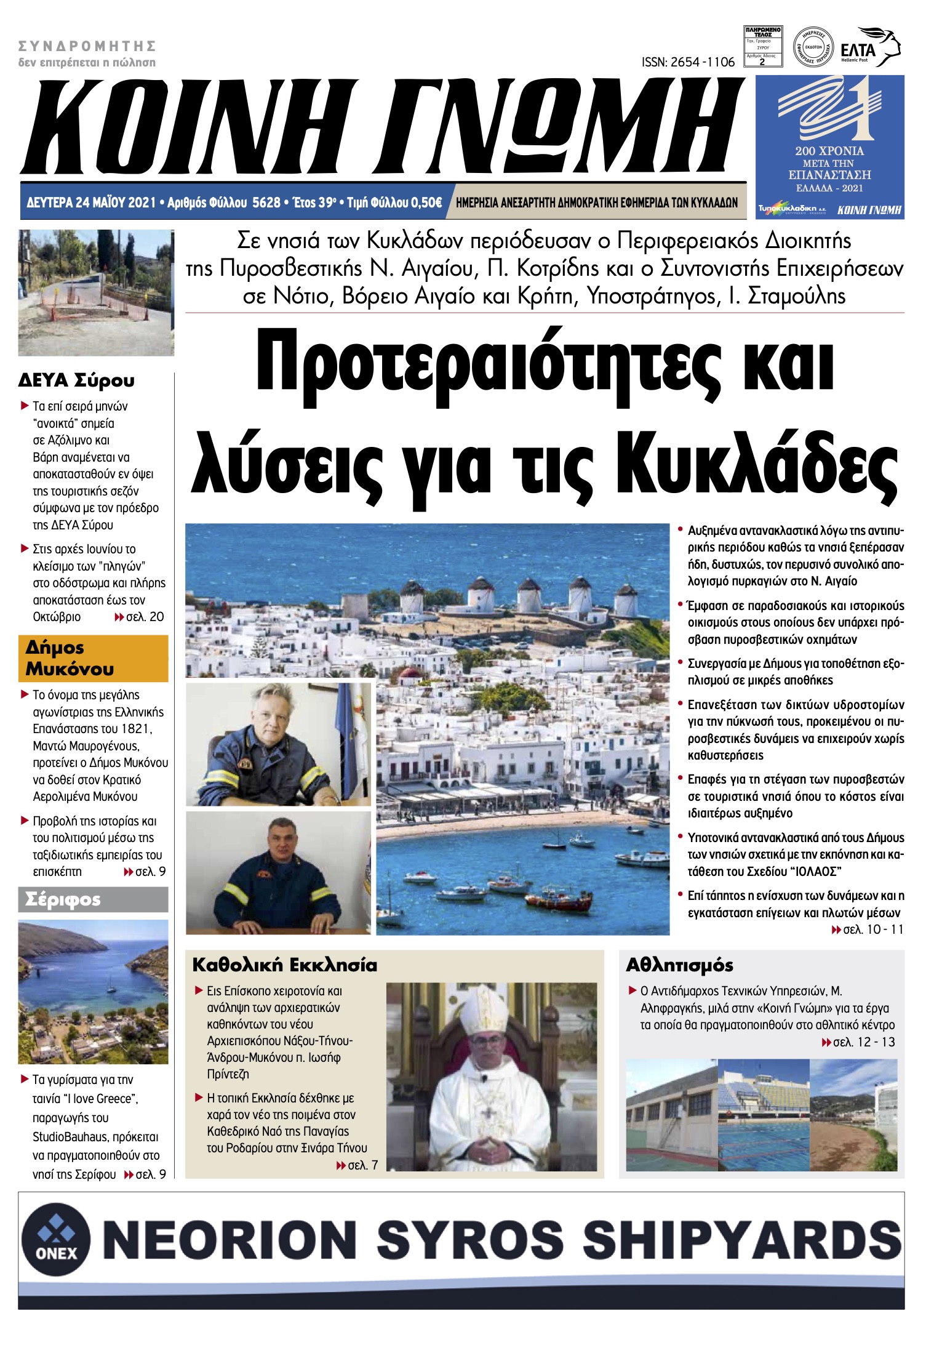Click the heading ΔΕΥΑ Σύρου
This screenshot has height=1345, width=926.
pyautogui.click(x=76, y=380)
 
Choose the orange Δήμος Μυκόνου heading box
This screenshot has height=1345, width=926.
pyautogui.click(x=93, y=658)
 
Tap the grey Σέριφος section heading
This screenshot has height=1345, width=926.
pyautogui.click(x=93, y=899)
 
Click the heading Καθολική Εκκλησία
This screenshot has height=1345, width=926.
pyautogui.click(x=284, y=965)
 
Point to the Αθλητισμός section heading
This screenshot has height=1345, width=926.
pyautogui.click(x=679, y=965)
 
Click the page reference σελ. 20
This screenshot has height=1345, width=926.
pyautogui.click(x=145, y=617)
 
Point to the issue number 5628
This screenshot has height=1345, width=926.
pyautogui.click(x=266, y=203)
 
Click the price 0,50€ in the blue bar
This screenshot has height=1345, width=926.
pyautogui.click(x=426, y=203)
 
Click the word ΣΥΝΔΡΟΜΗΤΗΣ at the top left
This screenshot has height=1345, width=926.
pyautogui.click(x=87, y=46)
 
